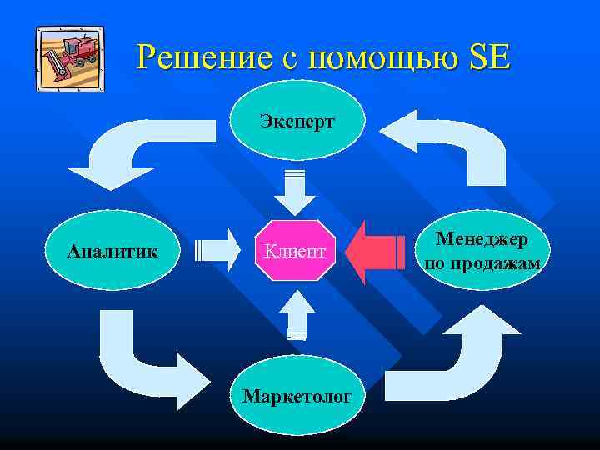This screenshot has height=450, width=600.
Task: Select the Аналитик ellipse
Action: tap(115, 249)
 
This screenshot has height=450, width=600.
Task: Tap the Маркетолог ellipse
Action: tap(297, 394)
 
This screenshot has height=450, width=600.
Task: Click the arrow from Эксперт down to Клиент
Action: tap(296, 192)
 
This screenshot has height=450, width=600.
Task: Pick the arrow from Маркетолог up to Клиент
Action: tap(296, 313)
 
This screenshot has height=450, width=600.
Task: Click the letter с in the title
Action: tap(287, 59)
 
